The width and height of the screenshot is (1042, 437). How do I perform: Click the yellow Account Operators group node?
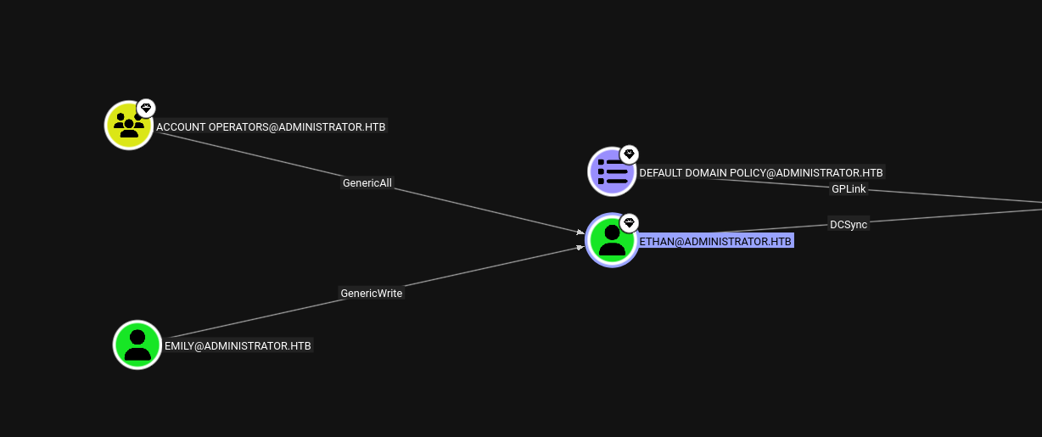coord(129,126)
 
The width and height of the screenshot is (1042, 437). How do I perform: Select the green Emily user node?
coord(137,345)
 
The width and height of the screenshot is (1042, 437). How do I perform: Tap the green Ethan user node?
coord(612,240)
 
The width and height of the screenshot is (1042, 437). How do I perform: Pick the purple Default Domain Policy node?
coord(612,171)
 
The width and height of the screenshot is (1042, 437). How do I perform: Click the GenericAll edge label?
coord(367,183)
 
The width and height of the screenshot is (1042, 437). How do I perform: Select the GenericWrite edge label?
coord(371,294)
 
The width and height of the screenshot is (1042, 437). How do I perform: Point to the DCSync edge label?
coord(849,225)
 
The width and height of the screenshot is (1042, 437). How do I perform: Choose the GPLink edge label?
coord(849,189)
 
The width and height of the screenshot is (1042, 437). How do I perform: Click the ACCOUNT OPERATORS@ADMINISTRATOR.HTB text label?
coord(271,126)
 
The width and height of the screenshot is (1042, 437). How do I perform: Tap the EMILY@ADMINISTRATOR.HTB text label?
coord(238,346)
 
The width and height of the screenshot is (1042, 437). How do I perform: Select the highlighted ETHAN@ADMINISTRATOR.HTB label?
coord(715,241)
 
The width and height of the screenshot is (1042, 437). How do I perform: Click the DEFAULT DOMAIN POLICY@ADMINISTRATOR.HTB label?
coord(761,172)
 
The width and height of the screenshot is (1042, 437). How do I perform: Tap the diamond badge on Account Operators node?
coord(146,109)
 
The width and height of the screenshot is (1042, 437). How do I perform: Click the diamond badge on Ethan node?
coord(629,223)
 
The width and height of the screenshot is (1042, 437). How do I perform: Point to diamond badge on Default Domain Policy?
coord(629,154)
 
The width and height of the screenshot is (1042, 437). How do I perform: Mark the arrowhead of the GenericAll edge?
coord(581,232)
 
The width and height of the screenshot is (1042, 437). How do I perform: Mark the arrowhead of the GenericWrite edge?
coord(581,248)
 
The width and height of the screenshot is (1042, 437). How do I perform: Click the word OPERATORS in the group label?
coord(238,126)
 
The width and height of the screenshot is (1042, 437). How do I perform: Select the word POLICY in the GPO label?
coord(747,172)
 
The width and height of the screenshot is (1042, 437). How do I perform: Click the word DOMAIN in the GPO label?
coord(706,172)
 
